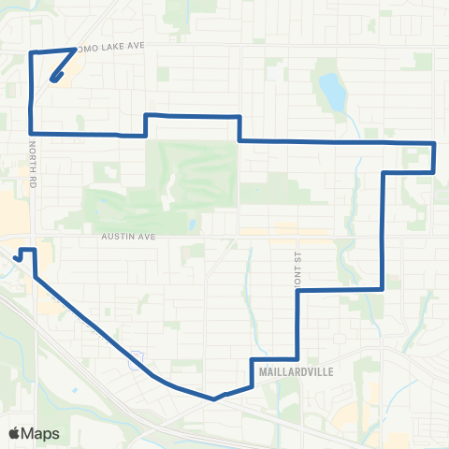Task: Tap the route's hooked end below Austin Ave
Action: [x=17, y=256]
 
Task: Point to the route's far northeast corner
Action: [x=435, y=143]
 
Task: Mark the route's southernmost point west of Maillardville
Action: [x=214, y=398]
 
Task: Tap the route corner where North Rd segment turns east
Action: [x=33, y=134]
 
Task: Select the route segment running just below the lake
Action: [x=337, y=141]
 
